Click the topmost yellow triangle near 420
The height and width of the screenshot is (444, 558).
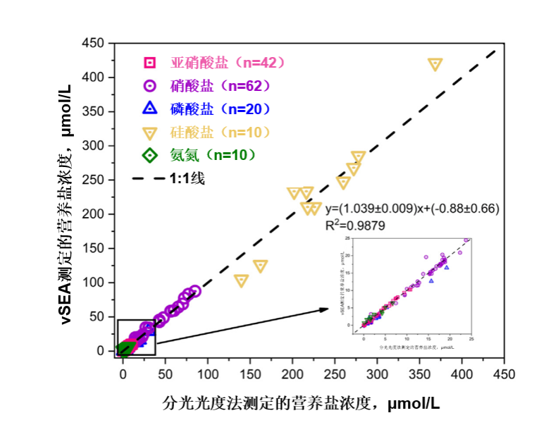[x=435, y=64]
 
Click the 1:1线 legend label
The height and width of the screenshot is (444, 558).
[x=187, y=178]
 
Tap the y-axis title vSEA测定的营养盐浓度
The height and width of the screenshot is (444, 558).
[x=67, y=204]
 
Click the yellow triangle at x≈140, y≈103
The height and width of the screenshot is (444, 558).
[x=242, y=280]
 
